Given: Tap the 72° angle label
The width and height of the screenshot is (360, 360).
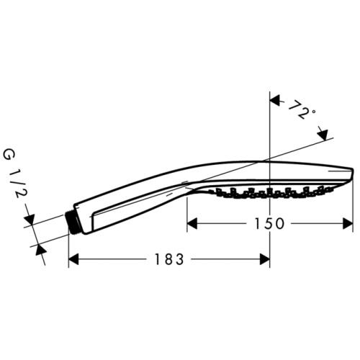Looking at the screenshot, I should coord(301,111).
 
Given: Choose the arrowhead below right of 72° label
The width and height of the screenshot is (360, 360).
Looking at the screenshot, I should coord(323,134).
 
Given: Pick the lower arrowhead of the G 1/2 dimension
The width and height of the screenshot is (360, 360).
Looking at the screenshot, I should coord(41,248).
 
